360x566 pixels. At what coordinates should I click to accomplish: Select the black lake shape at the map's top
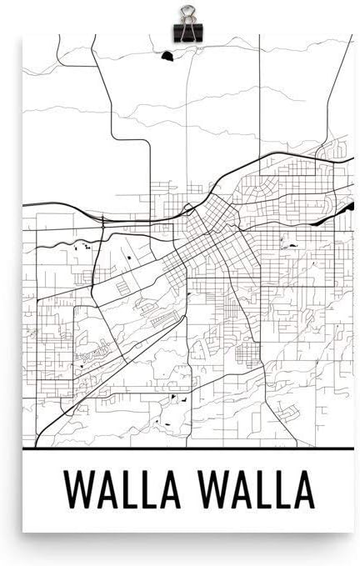[168, 57]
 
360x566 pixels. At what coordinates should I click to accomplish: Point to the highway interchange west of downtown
[102, 221]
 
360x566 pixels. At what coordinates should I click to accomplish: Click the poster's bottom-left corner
[23, 530]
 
